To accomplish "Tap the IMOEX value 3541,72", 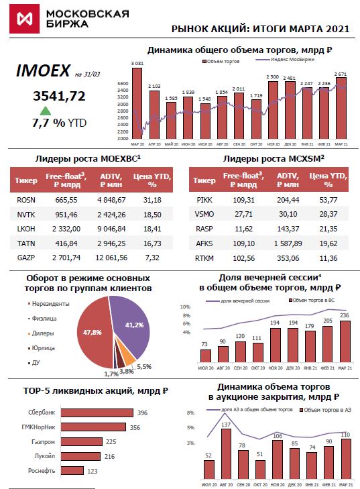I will [x=59, y=96].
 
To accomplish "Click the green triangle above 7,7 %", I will [x=45, y=111].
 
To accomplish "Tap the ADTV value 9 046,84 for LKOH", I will [x=112, y=228].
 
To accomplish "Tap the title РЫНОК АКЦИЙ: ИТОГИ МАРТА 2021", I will [x=261, y=29].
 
